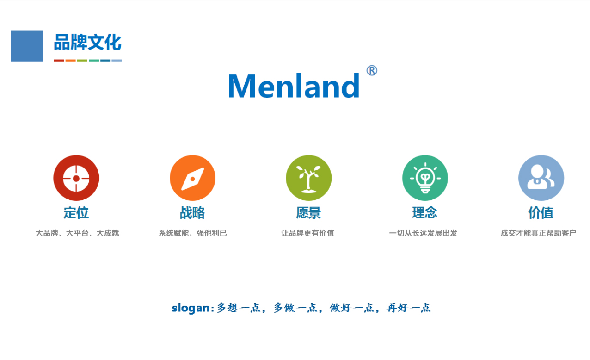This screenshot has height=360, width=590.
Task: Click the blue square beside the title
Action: pos(27,46)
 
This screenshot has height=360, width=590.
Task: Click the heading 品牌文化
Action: pos(87,42)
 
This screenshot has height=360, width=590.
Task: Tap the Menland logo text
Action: pos(294,86)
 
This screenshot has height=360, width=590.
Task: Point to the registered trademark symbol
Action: pos(372,70)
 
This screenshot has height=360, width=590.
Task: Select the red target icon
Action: pos(76,178)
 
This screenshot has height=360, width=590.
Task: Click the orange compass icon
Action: pos(192,178)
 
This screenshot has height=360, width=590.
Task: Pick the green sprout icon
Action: pos(309,178)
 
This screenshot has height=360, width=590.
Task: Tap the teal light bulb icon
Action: pos(425,178)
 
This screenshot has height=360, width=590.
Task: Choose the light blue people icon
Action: pos(541,178)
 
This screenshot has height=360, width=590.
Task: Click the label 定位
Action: pos(76,213)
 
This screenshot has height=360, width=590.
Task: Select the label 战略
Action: pos(192,213)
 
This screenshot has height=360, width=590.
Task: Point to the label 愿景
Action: pos(308,213)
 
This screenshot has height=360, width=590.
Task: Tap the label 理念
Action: pos(425,213)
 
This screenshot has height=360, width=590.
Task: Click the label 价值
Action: pos(541,213)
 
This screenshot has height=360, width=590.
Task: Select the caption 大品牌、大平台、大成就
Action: pos(77,233)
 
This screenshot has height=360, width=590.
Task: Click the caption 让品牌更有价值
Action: pos(307,233)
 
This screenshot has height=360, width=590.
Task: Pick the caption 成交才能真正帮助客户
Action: pos(538,233)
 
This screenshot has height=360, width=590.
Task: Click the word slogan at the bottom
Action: pos(191,308)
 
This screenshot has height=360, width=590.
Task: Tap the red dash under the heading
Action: pos(59,61)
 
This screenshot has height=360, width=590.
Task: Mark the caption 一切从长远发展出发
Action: pos(423,233)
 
